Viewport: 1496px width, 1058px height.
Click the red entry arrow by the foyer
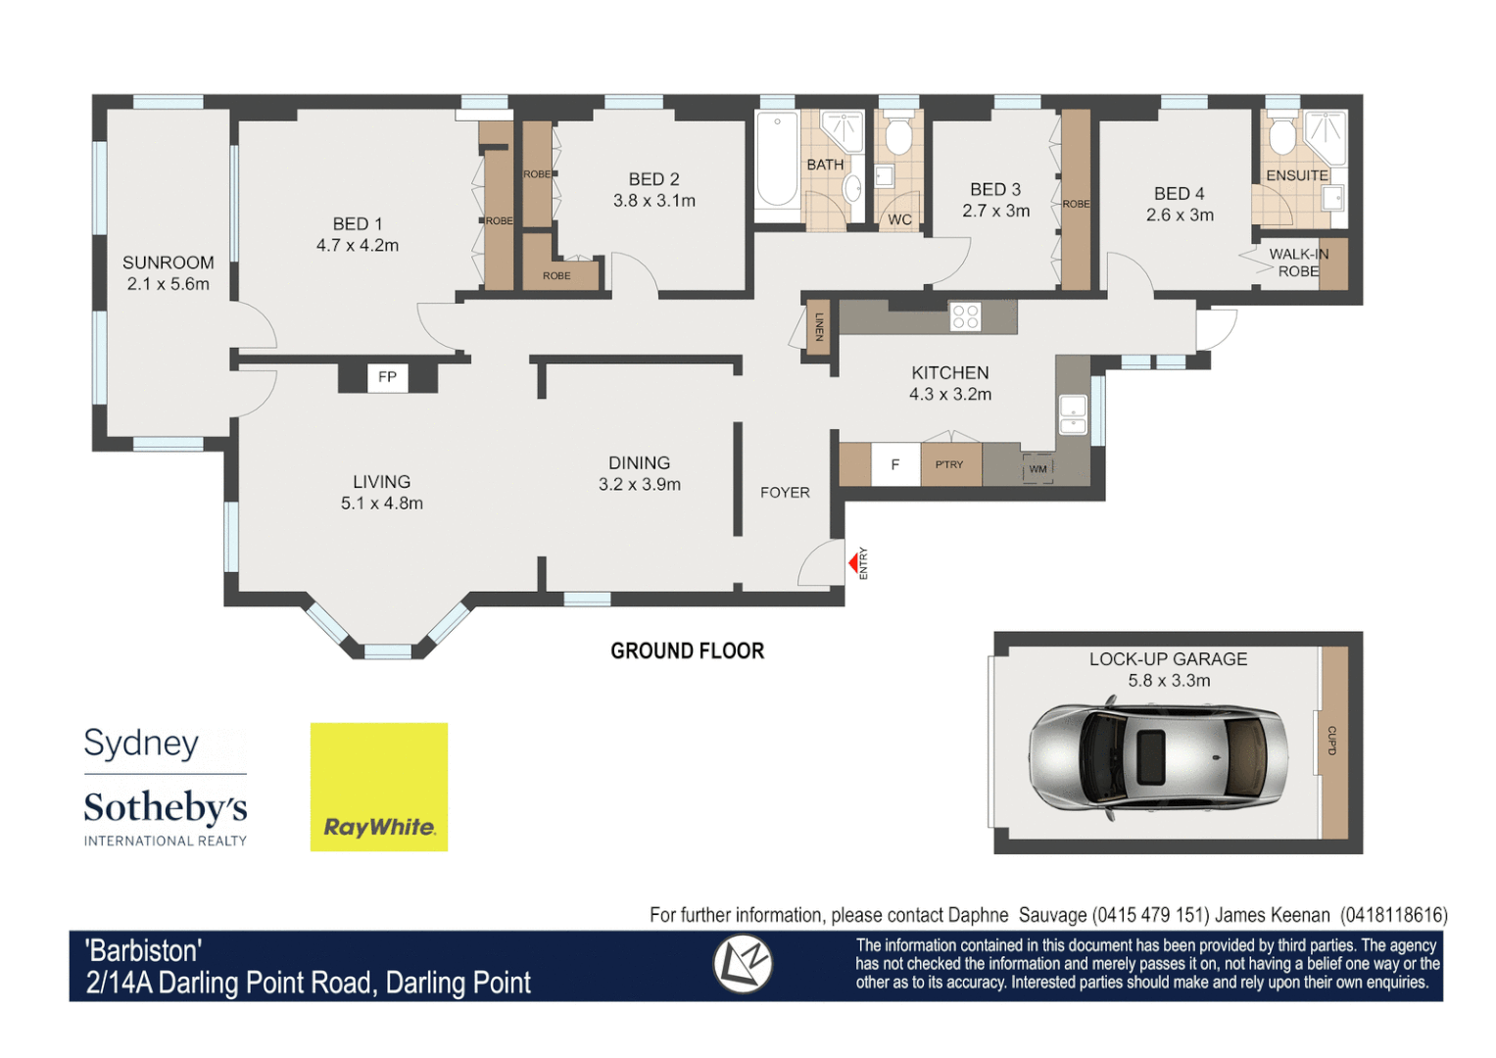[853, 563]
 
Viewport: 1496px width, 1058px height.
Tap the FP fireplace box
[387, 377]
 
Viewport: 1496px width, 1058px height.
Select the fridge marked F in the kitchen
[894, 465]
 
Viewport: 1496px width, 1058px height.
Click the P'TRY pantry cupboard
[949, 465]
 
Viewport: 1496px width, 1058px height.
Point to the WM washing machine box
[1038, 469]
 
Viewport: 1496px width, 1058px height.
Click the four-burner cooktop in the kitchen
[965, 316]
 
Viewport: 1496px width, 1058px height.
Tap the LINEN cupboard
[818, 327]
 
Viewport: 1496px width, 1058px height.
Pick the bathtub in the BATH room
[777, 161]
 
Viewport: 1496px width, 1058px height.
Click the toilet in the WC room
[898, 136]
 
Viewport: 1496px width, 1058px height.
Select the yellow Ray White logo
[379, 787]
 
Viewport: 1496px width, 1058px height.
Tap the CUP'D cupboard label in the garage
[1331, 741]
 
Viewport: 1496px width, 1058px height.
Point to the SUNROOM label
[168, 263]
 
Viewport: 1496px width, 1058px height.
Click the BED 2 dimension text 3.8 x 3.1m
[654, 201]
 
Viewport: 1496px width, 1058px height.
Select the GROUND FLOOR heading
[687, 651]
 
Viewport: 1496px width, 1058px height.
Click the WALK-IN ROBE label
[1298, 263]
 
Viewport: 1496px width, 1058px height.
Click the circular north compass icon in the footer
[742, 964]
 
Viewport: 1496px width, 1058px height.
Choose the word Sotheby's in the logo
[166, 808]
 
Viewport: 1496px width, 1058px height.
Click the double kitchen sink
[1073, 414]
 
